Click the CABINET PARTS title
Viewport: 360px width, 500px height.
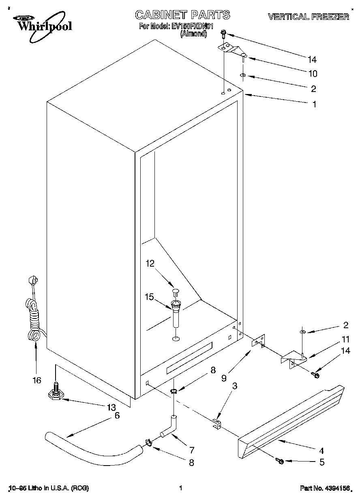182,15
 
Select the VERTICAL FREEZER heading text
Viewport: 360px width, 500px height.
308,17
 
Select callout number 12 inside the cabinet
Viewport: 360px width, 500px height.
150,264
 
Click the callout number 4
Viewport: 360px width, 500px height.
321,450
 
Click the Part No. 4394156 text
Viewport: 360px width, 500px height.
324,488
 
